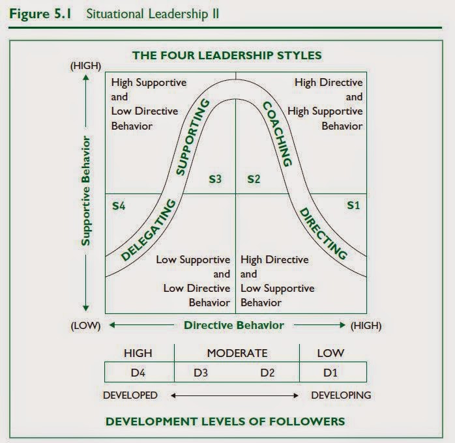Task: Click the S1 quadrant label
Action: coord(353,205)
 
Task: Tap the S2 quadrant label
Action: coord(254,179)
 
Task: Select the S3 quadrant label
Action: coord(216,179)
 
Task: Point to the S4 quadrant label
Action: coord(119,205)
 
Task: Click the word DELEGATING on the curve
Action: coord(149,231)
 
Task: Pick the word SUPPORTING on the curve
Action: coord(192,137)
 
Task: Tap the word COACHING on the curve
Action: coord(276,134)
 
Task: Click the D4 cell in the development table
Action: coord(138,373)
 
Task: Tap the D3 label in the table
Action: coord(201,373)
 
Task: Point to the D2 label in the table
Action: coord(267,373)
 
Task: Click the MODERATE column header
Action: coord(237,353)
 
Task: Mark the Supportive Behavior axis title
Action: coord(85,190)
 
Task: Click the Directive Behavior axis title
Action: coord(234,325)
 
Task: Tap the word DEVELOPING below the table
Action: coord(341,395)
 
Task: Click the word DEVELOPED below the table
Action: coord(130,395)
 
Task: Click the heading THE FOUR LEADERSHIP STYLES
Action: coord(227,55)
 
